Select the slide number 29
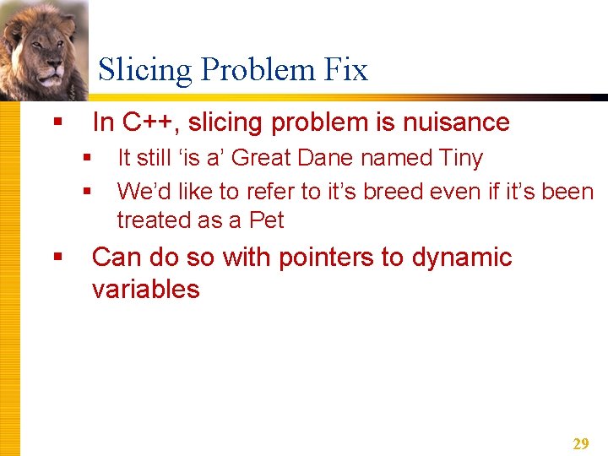coord(581,444)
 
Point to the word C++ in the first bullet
coord(151,122)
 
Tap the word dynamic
coord(462,257)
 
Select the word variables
coord(145,289)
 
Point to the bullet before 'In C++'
coord(57,123)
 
